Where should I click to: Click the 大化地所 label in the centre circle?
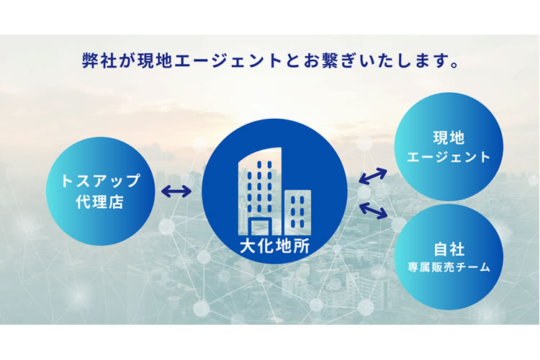274,246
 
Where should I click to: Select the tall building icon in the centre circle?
260,192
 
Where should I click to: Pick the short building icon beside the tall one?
297,212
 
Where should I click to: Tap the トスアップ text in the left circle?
100,181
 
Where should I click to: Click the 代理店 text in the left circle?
100,202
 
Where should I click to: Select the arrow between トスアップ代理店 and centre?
176,192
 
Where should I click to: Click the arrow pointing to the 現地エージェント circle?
373,176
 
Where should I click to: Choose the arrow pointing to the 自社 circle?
373,210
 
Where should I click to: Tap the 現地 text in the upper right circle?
449,138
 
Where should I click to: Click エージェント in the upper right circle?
449,157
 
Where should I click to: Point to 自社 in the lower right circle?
449,248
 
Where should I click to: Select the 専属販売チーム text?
449,267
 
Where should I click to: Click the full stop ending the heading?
454,65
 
